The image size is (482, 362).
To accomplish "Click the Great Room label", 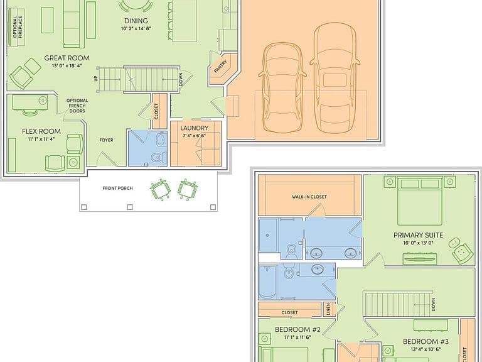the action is (67, 58).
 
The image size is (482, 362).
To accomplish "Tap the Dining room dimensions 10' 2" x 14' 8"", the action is (136, 29).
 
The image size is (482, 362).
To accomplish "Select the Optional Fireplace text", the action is (18, 27).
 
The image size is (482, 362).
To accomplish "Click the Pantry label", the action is (220, 66).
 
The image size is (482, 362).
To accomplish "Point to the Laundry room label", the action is (195, 128).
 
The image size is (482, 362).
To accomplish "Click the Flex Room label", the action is (41, 131).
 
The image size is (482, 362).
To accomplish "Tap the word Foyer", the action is (106, 140).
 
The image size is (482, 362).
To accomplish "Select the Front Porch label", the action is (118, 188).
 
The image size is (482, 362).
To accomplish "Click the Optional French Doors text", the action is (77, 106).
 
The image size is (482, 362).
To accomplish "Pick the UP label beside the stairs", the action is (95, 79).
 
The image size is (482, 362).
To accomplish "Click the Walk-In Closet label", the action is (309, 197).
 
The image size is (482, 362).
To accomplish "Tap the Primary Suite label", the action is (419, 235).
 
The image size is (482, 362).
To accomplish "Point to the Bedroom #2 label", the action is (297, 330).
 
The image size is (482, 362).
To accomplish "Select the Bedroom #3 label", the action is (426, 341).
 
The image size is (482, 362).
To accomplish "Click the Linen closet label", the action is (329, 309).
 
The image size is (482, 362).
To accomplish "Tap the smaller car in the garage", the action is (282, 88).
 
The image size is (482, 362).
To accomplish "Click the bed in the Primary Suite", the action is (420, 201).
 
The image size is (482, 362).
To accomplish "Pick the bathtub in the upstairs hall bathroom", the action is (267, 282).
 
